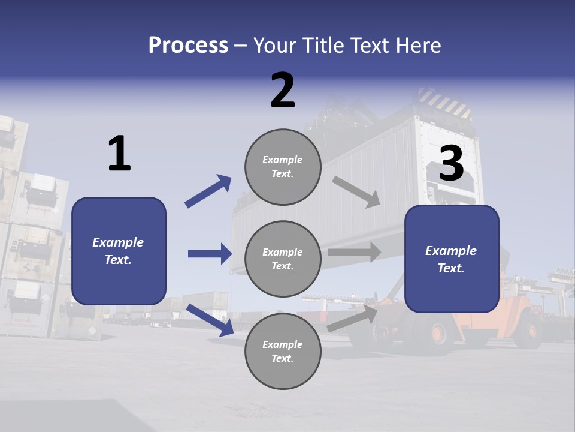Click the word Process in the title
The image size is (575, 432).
[x=188, y=46]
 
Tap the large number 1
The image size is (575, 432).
[x=119, y=154]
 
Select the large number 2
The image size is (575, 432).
[x=283, y=91]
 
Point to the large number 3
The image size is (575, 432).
[x=451, y=164]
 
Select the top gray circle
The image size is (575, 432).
[x=283, y=167]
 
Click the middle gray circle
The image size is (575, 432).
[x=283, y=259]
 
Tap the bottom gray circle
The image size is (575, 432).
[x=283, y=352]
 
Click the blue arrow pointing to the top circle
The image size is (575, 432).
[x=208, y=191]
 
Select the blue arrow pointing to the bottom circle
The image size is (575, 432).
[x=210, y=320]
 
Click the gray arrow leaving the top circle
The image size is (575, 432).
[x=356, y=192]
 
